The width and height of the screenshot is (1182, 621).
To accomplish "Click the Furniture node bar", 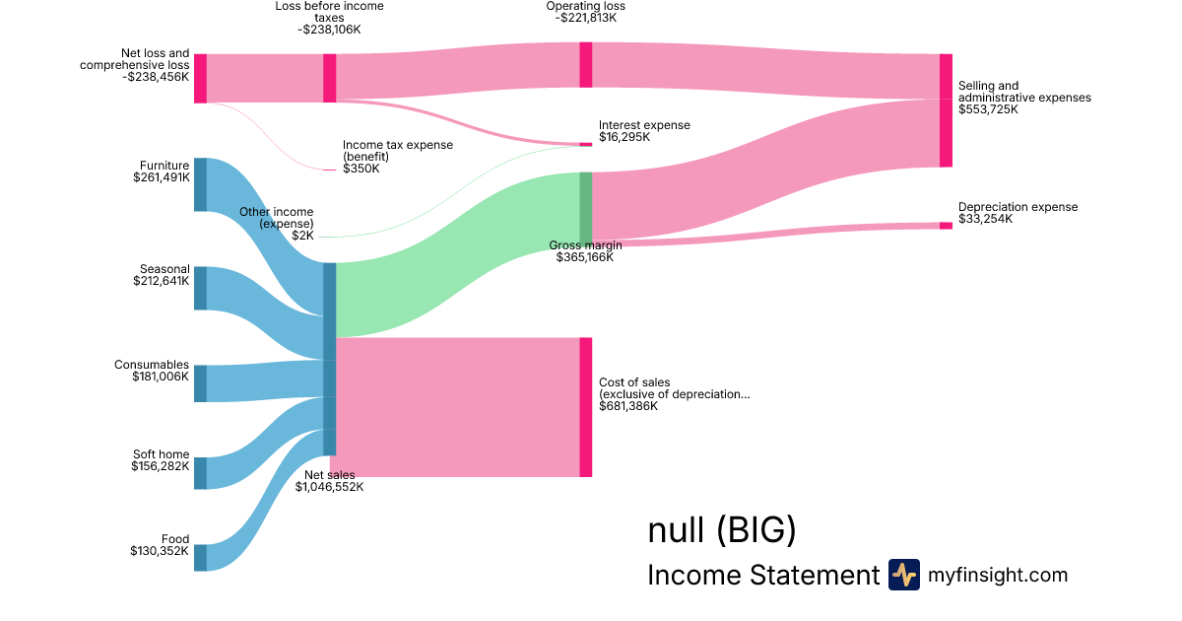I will coord(200,184).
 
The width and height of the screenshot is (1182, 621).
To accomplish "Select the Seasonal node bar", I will coord(200,288).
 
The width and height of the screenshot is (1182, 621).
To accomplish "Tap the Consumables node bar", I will coord(200,383).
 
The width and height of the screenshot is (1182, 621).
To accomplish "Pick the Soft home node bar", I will coord(200,473).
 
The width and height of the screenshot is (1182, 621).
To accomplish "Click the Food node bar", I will coord(200,558).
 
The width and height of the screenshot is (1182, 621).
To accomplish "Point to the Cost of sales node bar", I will coord(585,407).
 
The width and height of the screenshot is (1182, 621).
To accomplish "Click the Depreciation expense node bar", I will coord(946,226).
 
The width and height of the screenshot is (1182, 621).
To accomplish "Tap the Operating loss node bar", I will coord(585,65).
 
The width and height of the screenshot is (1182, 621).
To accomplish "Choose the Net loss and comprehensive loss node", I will coord(200,79).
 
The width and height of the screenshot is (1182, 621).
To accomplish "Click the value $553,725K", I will coord(988,109).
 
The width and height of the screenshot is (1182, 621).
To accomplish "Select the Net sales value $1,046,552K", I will coord(330,487).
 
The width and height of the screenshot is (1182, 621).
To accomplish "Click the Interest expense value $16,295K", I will coord(624,137).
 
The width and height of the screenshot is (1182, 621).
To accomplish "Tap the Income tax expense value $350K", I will coord(361,170).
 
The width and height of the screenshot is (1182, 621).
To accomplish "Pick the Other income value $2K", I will coord(302,236).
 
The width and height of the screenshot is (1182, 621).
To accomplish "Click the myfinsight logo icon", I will coord(903,575).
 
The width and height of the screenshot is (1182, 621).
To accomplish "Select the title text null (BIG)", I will coord(721,530).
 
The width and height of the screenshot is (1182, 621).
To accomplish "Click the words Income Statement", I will coord(762,575).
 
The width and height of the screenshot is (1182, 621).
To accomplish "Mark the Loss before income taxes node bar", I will coord(330,79).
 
